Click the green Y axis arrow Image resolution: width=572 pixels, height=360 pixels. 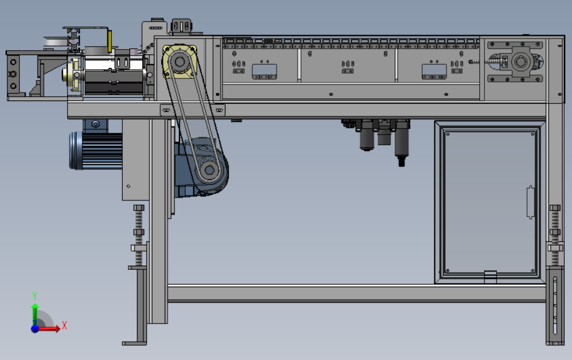click(35, 313)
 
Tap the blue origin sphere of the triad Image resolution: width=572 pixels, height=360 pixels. click(35, 329)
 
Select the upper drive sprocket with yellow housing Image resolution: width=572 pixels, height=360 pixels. click(179, 62)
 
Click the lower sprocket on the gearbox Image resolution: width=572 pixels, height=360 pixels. click(209, 170)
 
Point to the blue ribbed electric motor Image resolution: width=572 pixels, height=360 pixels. click(96, 150)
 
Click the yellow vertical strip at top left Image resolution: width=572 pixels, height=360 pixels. click(110, 41)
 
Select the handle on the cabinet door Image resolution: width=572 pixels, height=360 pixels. click(531, 203)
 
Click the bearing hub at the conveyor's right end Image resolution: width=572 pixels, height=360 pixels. click(520, 61)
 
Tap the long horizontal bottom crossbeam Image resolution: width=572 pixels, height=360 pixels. click(357, 294)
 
